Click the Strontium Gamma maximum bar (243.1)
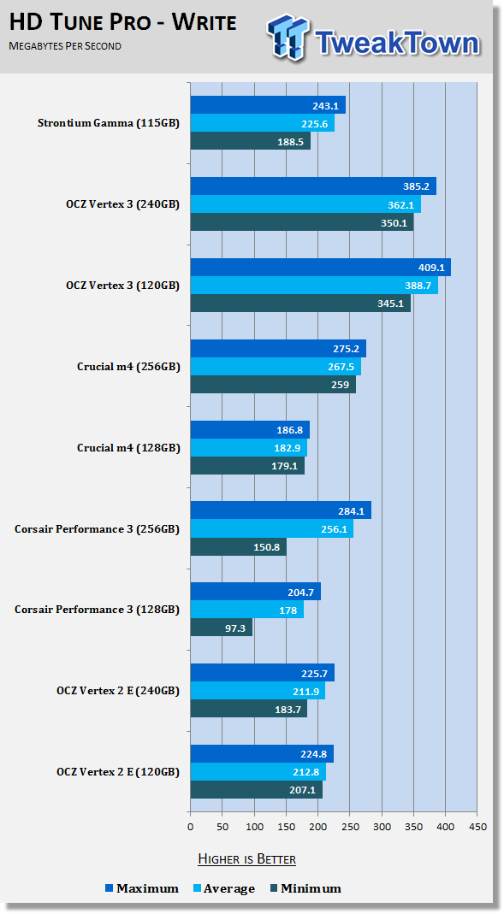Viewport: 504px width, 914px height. (x=268, y=105)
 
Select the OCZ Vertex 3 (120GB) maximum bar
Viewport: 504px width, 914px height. (x=321, y=268)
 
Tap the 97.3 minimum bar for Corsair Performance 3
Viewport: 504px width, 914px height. (x=222, y=628)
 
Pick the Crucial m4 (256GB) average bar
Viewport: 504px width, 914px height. (x=276, y=367)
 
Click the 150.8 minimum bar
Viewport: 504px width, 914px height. (x=239, y=546)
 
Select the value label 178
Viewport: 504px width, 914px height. (x=288, y=610)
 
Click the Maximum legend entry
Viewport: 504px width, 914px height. (x=142, y=888)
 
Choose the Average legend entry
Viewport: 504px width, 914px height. (x=224, y=888)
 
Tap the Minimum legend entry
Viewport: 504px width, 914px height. (x=305, y=888)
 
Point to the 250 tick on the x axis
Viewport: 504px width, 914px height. (x=350, y=827)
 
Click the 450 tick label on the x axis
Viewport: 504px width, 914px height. (x=477, y=827)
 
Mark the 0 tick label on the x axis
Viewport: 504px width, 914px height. (x=190, y=827)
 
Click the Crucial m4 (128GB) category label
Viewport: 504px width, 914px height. (x=128, y=448)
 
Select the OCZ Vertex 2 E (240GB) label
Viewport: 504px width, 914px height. (x=118, y=691)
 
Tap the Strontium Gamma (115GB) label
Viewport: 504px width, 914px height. (x=109, y=123)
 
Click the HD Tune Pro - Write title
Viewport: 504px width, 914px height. (x=123, y=23)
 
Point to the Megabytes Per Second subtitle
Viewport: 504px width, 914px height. (x=65, y=46)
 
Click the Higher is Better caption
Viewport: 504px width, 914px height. (x=246, y=858)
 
